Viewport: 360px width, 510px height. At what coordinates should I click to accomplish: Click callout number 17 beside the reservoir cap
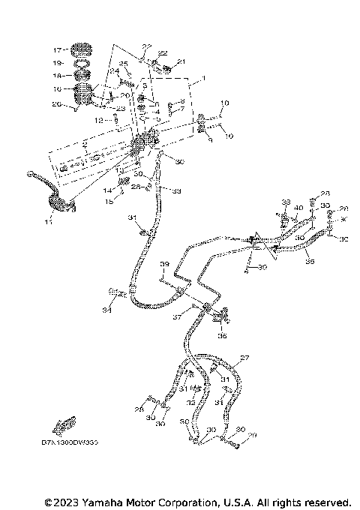point(57,50)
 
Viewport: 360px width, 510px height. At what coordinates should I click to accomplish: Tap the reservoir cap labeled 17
point(79,52)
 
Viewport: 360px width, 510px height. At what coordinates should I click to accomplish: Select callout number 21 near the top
point(181,61)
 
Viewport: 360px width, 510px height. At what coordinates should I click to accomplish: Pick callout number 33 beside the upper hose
point(177,190)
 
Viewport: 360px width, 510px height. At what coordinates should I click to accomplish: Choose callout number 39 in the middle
point(163,265)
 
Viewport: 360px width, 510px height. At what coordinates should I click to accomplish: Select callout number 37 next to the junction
point(178,318)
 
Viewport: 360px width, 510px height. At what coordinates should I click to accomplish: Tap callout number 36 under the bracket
point(222,337)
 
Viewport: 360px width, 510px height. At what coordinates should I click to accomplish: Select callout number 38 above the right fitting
point(286,203)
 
